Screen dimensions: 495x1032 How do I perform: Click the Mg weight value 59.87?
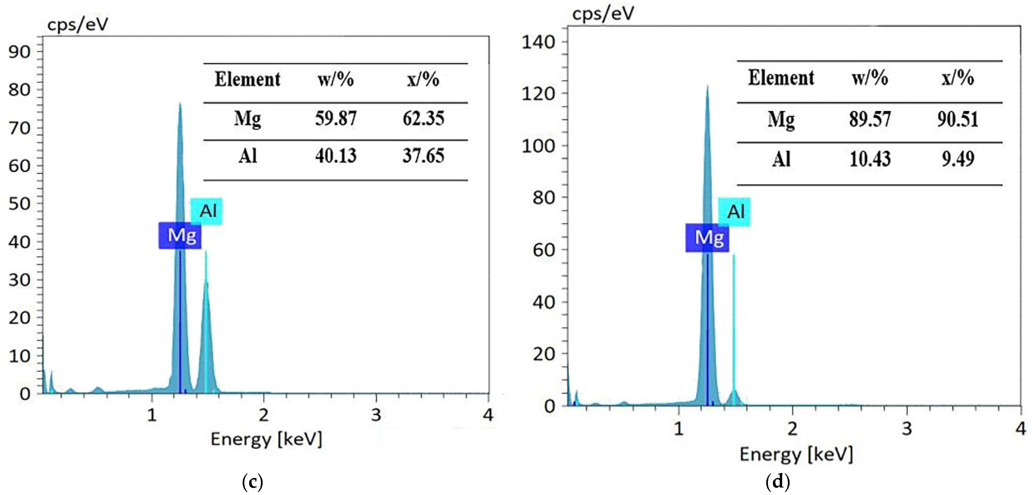[335, 119]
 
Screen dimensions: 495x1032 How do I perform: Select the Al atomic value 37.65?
[423, 156]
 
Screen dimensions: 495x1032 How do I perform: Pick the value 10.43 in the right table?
[870, 159]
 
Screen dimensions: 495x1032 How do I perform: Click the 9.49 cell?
[958, 159]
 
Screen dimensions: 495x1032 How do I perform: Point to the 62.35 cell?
[423, 119]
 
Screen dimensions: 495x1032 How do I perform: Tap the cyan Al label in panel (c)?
[206, 211]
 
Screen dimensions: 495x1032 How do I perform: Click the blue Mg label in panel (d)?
[707, 238]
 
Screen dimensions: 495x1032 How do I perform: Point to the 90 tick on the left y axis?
[19, 52]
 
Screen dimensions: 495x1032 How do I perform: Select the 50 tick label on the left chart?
[19, 204]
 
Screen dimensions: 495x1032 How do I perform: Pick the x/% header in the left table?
[423, 79]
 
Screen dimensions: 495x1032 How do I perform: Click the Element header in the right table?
[781, 78]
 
